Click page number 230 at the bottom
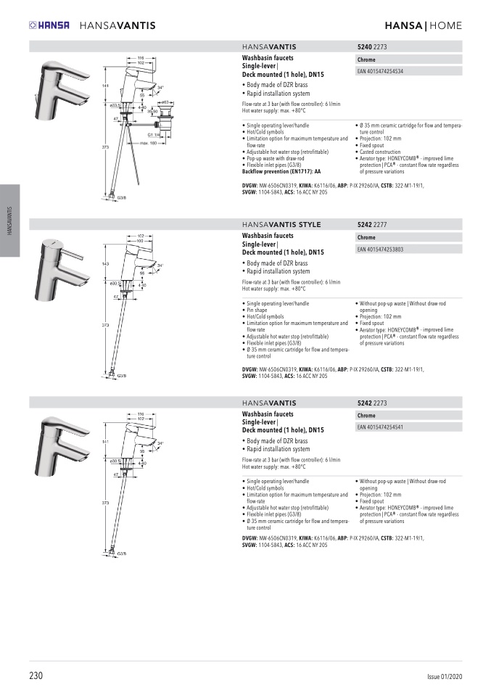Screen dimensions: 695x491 click(36, 675)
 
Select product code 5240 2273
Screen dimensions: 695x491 click(372, 46)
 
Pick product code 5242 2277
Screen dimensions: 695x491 click(372, 225)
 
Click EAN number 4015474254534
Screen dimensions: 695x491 click(381, 72)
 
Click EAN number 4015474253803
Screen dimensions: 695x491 click(381, 250)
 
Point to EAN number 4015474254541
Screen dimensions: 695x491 click(381, 427)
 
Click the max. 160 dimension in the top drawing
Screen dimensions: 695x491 click(149, 142)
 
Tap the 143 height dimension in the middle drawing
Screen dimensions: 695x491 click(104, 263)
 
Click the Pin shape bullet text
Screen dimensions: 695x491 click(259, 310)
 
